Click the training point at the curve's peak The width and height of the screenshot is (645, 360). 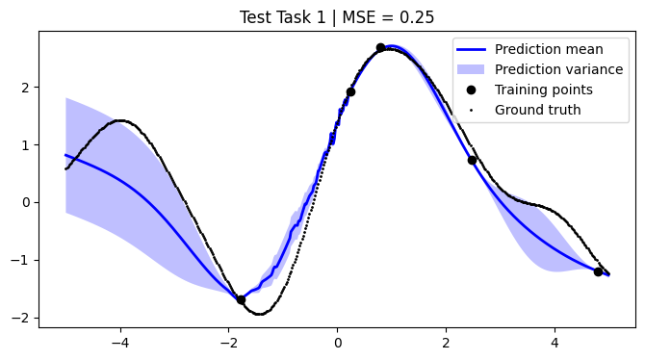pos(380,47)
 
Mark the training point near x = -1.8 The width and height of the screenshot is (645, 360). pos(241,300)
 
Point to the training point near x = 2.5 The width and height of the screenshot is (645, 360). pos(473,160)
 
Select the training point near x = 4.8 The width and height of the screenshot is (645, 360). pos(598,272)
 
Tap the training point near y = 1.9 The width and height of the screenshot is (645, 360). pos(350,91)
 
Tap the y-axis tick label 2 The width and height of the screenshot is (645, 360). pos(28,87)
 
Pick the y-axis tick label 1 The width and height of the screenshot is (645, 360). pos(28,144)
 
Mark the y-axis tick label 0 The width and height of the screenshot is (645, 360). pos(28,202)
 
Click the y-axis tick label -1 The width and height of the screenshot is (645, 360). pos(24,260)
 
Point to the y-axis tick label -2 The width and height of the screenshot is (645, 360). pos(24,318)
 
